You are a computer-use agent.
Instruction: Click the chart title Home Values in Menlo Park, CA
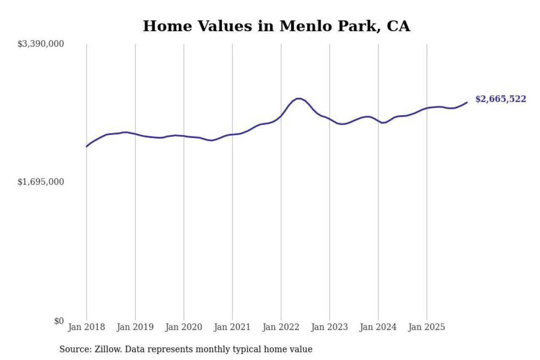coord(276,26)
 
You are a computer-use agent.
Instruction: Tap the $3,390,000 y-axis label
coord(40,44)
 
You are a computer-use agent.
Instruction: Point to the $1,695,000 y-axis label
coord(40,182)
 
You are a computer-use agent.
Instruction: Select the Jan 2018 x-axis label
coord(86,328)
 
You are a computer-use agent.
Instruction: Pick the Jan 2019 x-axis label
coord(135,328)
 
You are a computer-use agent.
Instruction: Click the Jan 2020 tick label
coord(184,328)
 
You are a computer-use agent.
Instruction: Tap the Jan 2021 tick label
coord(232,328)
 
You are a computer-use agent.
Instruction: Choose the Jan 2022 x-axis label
coord(281,328)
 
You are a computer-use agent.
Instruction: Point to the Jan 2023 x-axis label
coord(329,328)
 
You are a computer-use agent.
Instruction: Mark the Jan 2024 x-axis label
coord(378,328)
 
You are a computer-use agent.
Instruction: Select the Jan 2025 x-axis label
coord(427,328)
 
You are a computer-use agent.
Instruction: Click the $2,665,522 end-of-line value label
coord(501,99)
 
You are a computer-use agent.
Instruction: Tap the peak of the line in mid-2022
coord(298,98)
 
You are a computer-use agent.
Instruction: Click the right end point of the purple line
coord(467,102)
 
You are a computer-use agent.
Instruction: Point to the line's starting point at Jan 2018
coord(86,146)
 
